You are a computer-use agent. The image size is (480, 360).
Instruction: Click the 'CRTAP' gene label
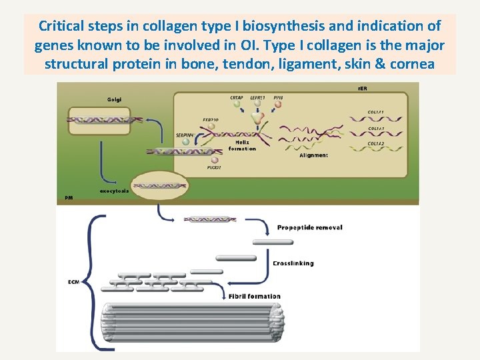pyautogui.click(x=237, y=98)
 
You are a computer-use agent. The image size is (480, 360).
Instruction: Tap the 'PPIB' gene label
pyautogui.click(x=278, y=98)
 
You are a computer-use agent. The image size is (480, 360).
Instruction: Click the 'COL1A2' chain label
pyautogui.click(x=379, y=143)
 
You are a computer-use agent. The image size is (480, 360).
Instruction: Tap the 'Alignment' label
pyautogui.click(x=313, y=155)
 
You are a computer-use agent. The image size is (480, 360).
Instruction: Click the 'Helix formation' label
pyautogui.click(x=242, y=145)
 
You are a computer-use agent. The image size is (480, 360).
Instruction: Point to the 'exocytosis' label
pyautogui.click(x=115, y=191)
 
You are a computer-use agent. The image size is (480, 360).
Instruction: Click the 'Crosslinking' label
pyautogui.click(x=293, y=263)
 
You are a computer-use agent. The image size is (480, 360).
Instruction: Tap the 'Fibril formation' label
pyautogui.click(x=254, y=296)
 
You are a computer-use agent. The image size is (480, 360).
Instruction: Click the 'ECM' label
pyautogui.click(x=73, y=281)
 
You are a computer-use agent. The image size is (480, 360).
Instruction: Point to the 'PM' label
pyautogui.click(x=69, y=198)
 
